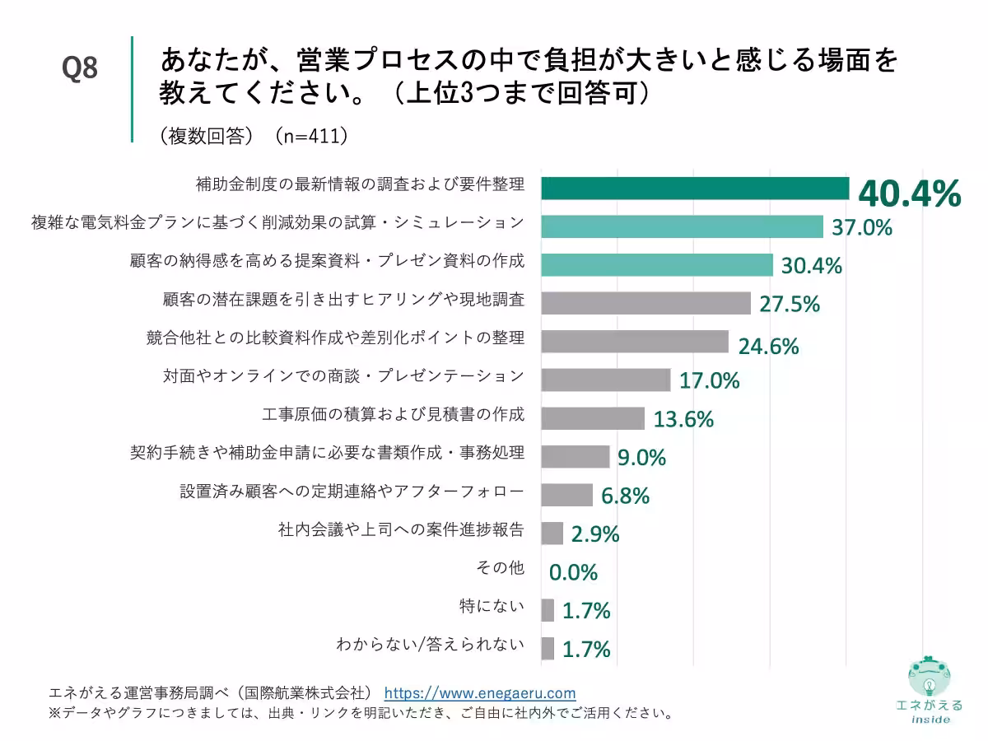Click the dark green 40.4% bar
(x=694, y=189)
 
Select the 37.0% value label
(x=861, y=228)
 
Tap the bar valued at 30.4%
(x=656, y=264)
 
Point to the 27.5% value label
(x=789, y=304)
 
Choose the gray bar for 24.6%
(x=634, y=342)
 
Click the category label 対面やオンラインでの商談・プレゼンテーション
(x=343, y=376)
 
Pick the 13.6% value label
(x=683, y=419)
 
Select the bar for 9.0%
(x=575, y=457)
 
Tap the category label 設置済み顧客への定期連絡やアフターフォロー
(x=352, y=492)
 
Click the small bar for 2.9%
(x=552, y=534)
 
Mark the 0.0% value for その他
(x=573, y=572)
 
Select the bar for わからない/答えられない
(x=548, y=648)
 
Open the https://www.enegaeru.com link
(x=480, y=692)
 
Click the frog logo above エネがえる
(x=928, y=678)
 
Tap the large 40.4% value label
(x=909, y=194)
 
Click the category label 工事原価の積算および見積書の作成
(x=393, y=414)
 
